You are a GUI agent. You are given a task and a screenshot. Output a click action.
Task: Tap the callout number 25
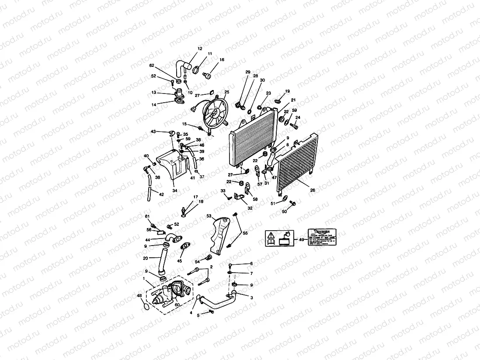pyautogui.click(x=226, y=92)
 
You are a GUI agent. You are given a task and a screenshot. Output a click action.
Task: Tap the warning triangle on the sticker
pyautogui.click(x=270, y=235)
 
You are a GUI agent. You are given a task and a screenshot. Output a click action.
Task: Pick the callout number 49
pyautogui.click(x=301, y=239)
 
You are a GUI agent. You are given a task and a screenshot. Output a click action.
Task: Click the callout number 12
pyautogui.click(x=200, y=48)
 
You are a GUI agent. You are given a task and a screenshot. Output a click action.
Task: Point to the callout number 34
pyautogui.click(x=174, y=190)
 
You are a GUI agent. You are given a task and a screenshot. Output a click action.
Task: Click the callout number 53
pyautogui.click(x=209, y=216)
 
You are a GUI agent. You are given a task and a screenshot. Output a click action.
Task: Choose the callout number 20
pyautogui.click(x=145, y=258)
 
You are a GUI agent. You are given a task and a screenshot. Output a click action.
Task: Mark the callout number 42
pyautogui.click(x=161, y=194)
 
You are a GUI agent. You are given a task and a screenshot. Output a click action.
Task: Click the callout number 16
pyautogui.click(x=222, y=59)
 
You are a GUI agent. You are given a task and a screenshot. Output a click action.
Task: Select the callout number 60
pyautogui.click(x=177, y=306)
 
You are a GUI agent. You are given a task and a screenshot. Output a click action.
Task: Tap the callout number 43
pyautogui.click(x=153, y=132)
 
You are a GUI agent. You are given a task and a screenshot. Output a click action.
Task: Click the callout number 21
pyautogui.click(x=293, y=100)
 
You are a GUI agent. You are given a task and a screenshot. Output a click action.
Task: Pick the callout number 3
pyautogui.click(x=251, y=297)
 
